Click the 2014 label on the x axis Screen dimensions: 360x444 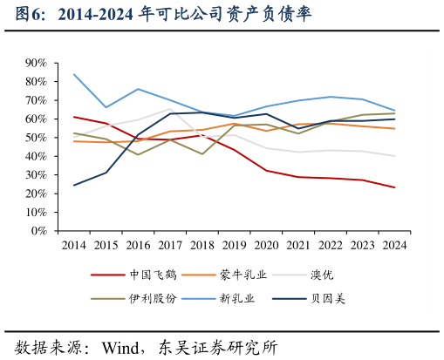(73, 246)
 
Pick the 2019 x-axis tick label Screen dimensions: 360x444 (234, 246)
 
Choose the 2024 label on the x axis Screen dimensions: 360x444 (394, 246)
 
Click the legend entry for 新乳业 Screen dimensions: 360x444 (242, 299)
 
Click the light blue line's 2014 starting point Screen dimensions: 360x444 (73, 74)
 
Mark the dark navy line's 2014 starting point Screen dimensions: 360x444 (73, 185)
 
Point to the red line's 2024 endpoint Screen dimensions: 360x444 (394, 187)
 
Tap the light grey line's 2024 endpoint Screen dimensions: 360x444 (394, 156)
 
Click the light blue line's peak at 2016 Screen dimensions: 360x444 (138, 89)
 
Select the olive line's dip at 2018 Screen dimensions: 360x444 (202, 154)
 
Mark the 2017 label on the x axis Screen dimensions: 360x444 (169, 246)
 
